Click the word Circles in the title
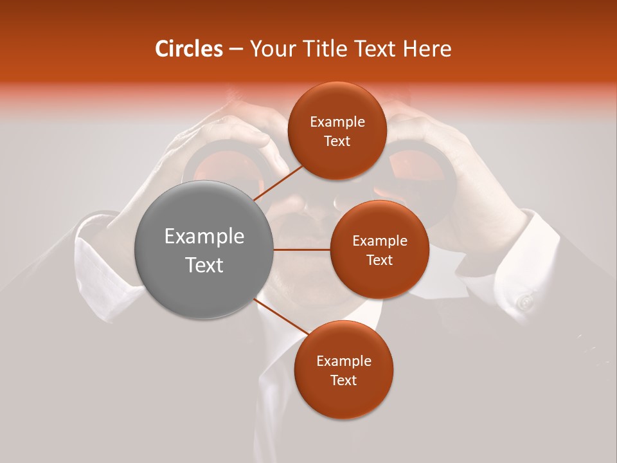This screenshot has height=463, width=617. [188, 49]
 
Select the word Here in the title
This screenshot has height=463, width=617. [427, 49]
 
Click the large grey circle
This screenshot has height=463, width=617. [204, 250]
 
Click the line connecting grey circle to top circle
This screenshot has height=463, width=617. [278, 181]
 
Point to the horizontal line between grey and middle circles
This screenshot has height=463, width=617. [302, 250]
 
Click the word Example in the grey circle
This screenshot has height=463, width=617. [204, 237]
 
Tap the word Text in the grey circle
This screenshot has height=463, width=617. [204, 265]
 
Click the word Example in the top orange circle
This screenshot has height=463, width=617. [337, 122]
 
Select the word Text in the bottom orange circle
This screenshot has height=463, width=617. [343, 380]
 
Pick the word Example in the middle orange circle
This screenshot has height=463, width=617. [380, 241]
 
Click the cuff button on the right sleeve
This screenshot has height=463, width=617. [526, 301]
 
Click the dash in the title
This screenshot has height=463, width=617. [236, 49]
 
